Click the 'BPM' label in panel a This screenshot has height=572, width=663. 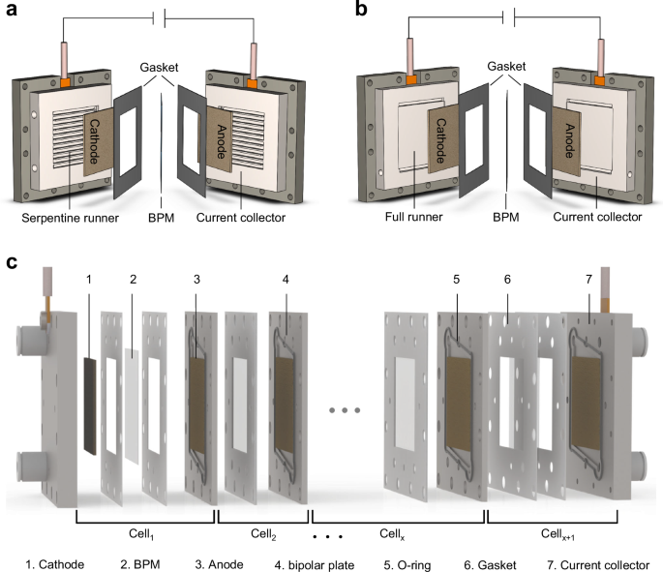pyautogui.click(x=160, y=219)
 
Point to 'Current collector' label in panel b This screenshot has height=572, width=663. pyautogui.click(x=594, y=218)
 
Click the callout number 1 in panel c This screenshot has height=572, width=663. pyautogui.click(x=88, y=281)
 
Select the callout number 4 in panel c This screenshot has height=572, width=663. pyautogui.click(x=286, y=282)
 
